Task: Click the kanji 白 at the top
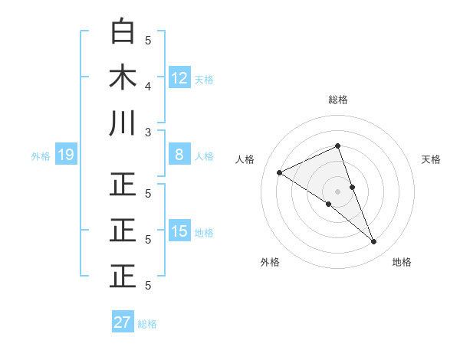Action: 123,31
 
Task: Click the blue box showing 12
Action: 179,77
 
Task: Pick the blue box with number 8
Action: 179,155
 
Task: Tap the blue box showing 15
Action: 179,232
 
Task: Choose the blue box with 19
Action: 65,155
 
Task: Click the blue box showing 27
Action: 123,322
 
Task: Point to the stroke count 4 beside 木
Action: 149,86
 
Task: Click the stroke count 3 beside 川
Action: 149,132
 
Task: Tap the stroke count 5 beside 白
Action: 149,40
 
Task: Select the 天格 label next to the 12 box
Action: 204,78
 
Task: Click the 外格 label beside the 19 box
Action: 41,156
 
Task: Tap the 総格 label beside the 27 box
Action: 147,323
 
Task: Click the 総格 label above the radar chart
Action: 338,100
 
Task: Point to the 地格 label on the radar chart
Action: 402,262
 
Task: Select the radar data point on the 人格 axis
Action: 280,172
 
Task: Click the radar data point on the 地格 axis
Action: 374,242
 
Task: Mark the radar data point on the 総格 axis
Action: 338,146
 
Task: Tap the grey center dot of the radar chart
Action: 338,191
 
